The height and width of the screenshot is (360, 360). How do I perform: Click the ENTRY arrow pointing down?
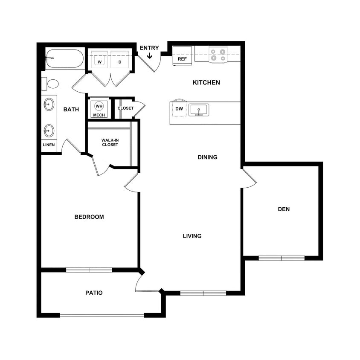[x=150, y=55]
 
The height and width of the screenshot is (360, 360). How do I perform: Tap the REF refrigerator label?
[x=182, y=59]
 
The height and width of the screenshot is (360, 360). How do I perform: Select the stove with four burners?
[x=218, y=55]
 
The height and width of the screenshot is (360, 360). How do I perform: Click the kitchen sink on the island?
[x=198, y=110]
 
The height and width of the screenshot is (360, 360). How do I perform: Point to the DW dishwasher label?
[x=179, y=109]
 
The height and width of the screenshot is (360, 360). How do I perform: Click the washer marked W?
[x=100, y=62]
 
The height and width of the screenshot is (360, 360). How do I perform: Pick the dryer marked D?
[x=120, y=62]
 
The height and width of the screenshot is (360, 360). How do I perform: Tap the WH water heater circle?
[x=99, y=106]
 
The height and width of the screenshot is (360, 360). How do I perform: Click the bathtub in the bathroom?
[x=65, y=59]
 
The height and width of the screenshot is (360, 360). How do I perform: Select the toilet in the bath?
[x=51, y=84]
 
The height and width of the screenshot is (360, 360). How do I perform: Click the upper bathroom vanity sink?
[x=49, y=104]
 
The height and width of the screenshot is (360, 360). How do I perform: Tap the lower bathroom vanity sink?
[x=49, y=131]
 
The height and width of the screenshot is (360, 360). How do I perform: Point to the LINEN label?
[x=49, y=145]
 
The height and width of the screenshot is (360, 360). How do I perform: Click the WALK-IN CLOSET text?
[x=110, y=142]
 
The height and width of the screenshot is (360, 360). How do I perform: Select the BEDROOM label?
[x=89, y=217]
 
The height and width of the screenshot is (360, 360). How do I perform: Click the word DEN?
[x=284, y=209]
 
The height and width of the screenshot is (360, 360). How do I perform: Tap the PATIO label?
[x=94, y=293]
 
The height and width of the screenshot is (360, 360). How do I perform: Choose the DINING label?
[x=207, y=157]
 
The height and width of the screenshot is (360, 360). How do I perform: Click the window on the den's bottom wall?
[x=282, y=258]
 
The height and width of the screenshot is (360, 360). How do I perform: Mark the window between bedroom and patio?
[x=89, y=270]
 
